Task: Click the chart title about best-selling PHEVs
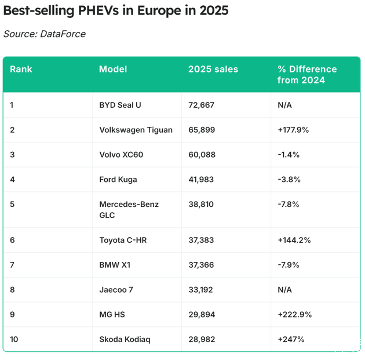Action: point(116,11)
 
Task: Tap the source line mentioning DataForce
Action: point(44,34)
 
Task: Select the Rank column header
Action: point(21,69)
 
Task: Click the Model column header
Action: point(113,69)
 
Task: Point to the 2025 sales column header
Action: point(213,69)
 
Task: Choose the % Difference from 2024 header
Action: point(306,74)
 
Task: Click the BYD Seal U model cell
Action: point(120,105)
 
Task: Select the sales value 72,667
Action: point(202,105)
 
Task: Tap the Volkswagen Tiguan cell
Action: point(136,130)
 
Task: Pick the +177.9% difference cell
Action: point(293,130)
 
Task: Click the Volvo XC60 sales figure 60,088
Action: point(202,155)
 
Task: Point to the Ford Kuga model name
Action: point(118,179)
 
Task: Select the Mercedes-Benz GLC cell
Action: point(129,209)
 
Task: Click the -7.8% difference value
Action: point(289,204)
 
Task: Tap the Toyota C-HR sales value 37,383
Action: point(201,240)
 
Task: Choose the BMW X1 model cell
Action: point(115,264)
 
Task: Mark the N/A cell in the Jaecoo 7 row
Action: point(284,289)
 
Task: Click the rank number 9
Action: point(12,314)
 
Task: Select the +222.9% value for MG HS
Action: point(294,314)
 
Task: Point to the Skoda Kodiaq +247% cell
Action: point(291,339)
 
